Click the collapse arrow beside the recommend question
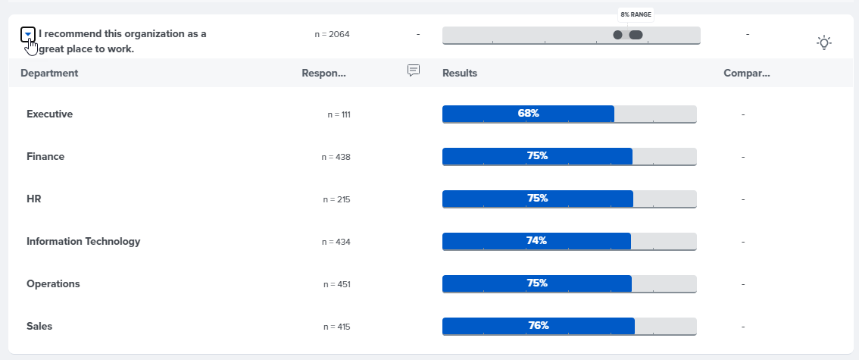pyautogui.click(x=28, y=34)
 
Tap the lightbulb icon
pyautogui.click(x=824, y=42)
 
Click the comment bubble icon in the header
pyautogui.click(x=414, y=70)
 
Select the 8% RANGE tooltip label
pyautogui.click(x=636, y=14)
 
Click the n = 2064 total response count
pyautogui.click(x=332, y=34)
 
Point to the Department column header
pyautogui.click(x=49, y=73)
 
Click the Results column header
pyautogui.click(x=459, y=73)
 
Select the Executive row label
pyautogui.click(x=49, y=114)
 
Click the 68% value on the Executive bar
pyautogui.click(x=528, y=113)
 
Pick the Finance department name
pyautogui.click(x=45, y=156)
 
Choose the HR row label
pyautogui.click(x=34, y=199)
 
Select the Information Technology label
pyautogui.click(x=83, y=241)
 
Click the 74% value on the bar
pyautogui.click(x=536, y=240)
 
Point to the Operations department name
pyautogui.click(x=53, y=283)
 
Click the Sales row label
pyautogui.click(x=39, y=326)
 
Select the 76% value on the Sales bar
pyautogui.click(x=539, y=325)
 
